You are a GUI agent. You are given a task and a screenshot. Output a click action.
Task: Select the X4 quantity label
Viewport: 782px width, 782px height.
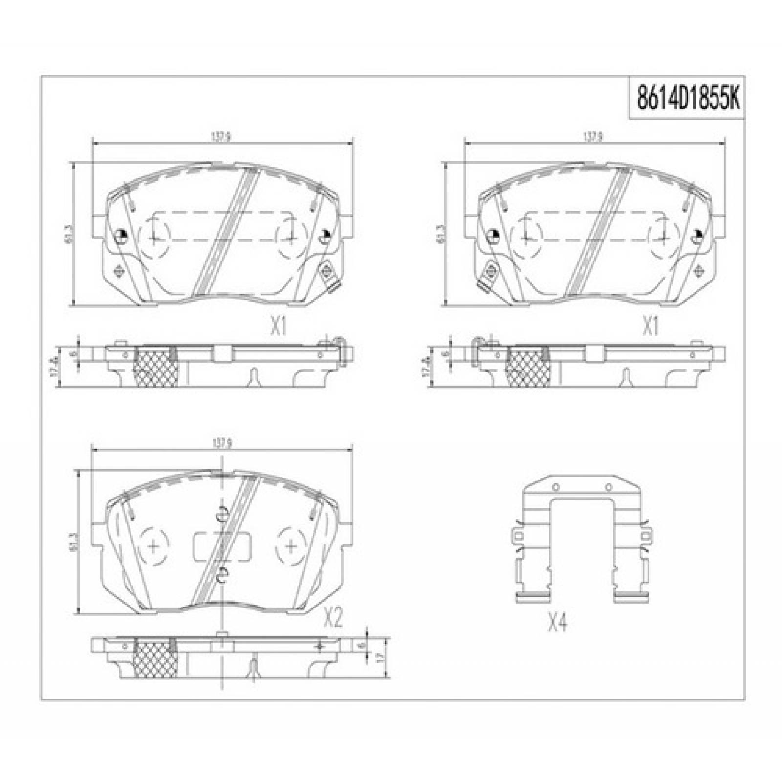[x=557, y=623]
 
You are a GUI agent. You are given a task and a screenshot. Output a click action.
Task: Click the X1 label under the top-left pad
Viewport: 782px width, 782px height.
[x=278, y=326]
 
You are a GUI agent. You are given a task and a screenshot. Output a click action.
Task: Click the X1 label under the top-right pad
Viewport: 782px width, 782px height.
[x=650, y=326]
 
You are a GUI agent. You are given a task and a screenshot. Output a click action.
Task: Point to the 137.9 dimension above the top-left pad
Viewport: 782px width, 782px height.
[x=221, y=137]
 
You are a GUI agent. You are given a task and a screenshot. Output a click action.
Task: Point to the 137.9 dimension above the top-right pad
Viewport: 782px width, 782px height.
[x=592, y=137]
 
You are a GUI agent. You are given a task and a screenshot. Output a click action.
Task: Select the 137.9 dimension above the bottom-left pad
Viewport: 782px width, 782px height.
[x=221, y=444]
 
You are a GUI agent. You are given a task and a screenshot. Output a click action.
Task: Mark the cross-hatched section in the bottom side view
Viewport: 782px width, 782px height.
[x=156, y=660]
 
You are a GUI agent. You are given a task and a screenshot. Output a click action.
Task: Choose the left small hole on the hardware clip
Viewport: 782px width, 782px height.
[x=555, y=487]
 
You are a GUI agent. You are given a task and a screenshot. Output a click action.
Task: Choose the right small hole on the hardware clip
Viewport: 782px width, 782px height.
[x=608, y=487]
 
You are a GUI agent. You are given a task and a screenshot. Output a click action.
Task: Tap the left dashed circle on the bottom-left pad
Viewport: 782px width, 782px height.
[x=153, y=545]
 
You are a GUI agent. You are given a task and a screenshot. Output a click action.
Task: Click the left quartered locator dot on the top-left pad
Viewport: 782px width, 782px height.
[x=121, y=237]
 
